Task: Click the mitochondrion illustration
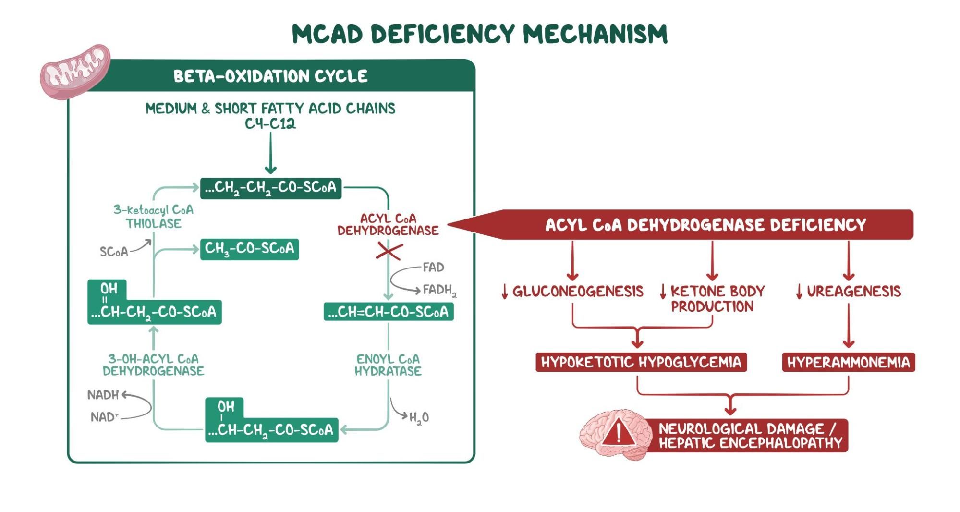[75, 72]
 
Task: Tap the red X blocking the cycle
[389, 251]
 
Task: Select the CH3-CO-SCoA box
[249, 249]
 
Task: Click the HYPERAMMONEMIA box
[848, 362]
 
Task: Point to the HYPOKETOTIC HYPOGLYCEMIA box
[641, 362]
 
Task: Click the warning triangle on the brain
[619, 431]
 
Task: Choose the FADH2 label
[439, 290]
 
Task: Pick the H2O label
[419, 418]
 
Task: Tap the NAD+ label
[104, 417]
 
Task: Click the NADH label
[103, 395]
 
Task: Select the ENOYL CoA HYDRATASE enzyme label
[388, 365]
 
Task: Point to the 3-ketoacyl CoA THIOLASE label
[154, 217]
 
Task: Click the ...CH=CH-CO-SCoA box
[388, 312]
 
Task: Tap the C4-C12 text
[270, 124]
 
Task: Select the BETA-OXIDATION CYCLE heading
[270, 76]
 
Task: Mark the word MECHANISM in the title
[595, 34]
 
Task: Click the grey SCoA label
[114, 252]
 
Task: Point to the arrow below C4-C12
[270, 153]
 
